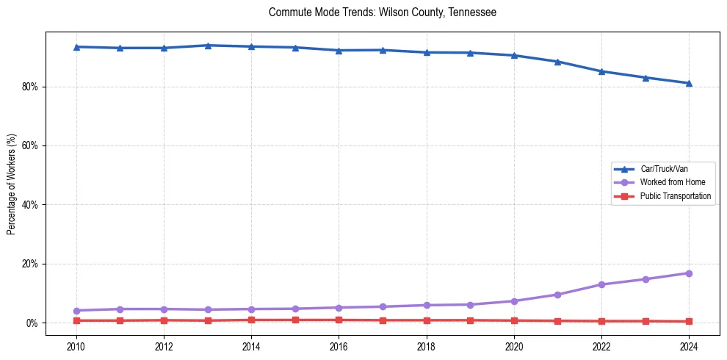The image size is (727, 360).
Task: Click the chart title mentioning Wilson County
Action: pos(383,12)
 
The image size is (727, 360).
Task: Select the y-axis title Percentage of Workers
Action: pos(11,184)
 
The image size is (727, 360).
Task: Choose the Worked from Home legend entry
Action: pos(668,182)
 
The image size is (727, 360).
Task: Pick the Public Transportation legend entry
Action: pos(675,196)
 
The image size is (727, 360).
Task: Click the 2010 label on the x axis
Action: pos(76,346)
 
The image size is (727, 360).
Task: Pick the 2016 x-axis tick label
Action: pos(339,346)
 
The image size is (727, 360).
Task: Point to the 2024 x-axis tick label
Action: pos(689,346)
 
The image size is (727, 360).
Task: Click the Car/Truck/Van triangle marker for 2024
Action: pos(689,83)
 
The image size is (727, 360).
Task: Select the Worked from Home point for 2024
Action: pos(689,273)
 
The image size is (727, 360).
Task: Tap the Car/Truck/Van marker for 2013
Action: pos(207,46)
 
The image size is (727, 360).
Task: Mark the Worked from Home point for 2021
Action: pos(557,295)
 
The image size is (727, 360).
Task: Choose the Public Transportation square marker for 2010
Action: pos(76,320)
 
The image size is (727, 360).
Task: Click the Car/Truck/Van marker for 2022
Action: pos(601,71)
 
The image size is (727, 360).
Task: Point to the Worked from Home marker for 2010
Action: pos(76,311)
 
